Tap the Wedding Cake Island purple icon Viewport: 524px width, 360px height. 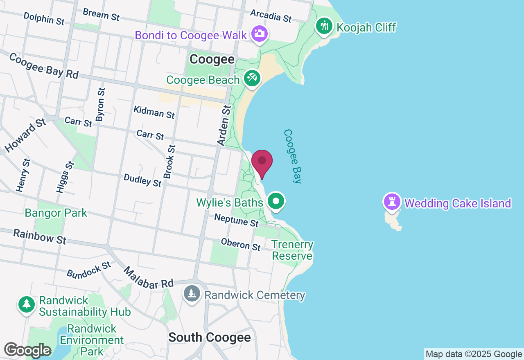point(392,202)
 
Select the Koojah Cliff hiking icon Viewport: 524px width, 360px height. point(324,26)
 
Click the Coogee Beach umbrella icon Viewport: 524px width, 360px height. point(252,78)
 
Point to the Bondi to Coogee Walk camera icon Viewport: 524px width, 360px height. point(260,34)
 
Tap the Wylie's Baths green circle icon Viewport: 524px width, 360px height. point(276,201)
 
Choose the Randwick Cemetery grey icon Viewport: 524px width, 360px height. point(191,293)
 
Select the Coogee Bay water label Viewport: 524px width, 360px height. point(293,156)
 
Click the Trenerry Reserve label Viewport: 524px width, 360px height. point(293,250)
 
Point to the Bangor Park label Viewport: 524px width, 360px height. point(56,213)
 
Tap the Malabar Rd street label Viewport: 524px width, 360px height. point(149,278)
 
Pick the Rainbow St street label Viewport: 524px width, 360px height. point(39,236)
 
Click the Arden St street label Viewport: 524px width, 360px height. point(224,125)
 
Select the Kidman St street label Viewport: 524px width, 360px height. point(154,112)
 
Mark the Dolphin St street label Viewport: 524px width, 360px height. point(44,19)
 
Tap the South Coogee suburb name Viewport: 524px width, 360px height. point(210,337)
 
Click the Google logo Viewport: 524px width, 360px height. point(27,350)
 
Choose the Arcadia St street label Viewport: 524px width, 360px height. point(271,16)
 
